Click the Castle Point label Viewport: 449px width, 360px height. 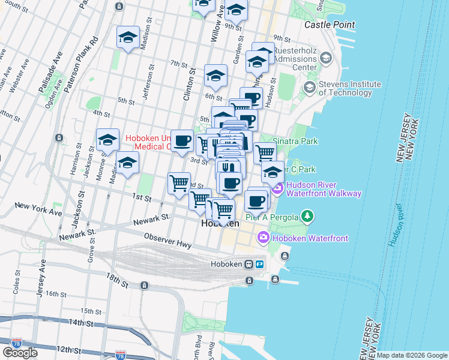coord(329,25)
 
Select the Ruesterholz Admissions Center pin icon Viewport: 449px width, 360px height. coord(326,59)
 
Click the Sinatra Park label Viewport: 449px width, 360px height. coord(295,141)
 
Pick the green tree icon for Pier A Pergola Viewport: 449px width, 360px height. coord(307,215)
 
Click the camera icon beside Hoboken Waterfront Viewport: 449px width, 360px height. coord(264,238)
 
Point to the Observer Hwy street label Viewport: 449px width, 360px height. coord(167,245)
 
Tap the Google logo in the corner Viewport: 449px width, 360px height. coord(20,352)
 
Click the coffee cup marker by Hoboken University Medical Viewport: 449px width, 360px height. coord(182,142)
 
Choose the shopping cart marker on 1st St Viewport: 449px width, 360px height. coord(179,182)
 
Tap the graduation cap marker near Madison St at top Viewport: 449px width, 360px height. coord(128,37)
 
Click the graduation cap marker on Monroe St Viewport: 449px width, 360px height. coord(107,140)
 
